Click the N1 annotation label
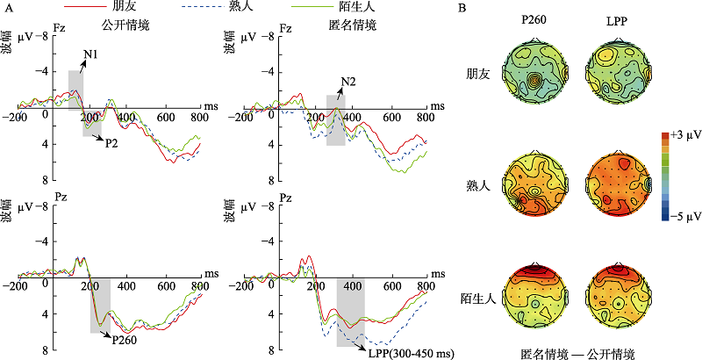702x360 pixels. coord(90,55)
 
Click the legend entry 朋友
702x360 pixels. coord(133,7)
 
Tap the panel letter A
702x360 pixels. coord(8,9)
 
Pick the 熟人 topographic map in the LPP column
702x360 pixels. coord(618,186)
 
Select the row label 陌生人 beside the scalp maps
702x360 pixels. coord(475,296)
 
